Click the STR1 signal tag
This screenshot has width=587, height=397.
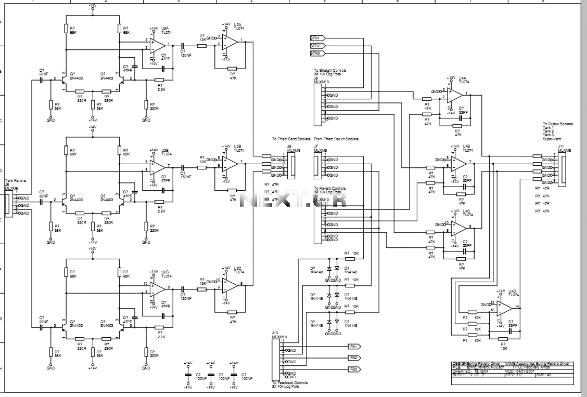pyautogui.click(x=317, y=38)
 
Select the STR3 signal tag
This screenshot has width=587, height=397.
pyautogui.click(x=317, y=53)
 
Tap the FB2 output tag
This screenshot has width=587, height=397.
pyautogui.click(x=354, y=358)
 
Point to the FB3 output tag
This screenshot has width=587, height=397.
pyautogui.click(x=354, y=369)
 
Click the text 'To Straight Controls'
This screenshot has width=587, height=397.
pyautogui.click(x=329, y=70)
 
